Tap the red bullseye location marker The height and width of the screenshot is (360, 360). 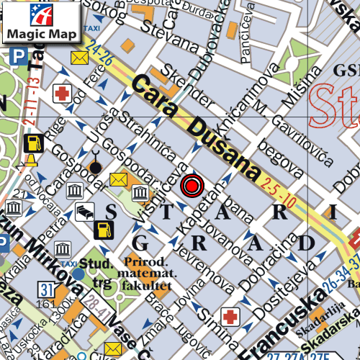click(191, 186)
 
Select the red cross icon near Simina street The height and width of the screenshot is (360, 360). click(230, 315)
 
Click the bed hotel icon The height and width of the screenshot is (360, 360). click(85, 212)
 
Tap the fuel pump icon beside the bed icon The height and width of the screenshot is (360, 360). click(104, 230)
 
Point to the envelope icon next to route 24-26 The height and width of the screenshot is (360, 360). click(78, 58)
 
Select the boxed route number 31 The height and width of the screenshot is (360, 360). click(47, 290)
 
